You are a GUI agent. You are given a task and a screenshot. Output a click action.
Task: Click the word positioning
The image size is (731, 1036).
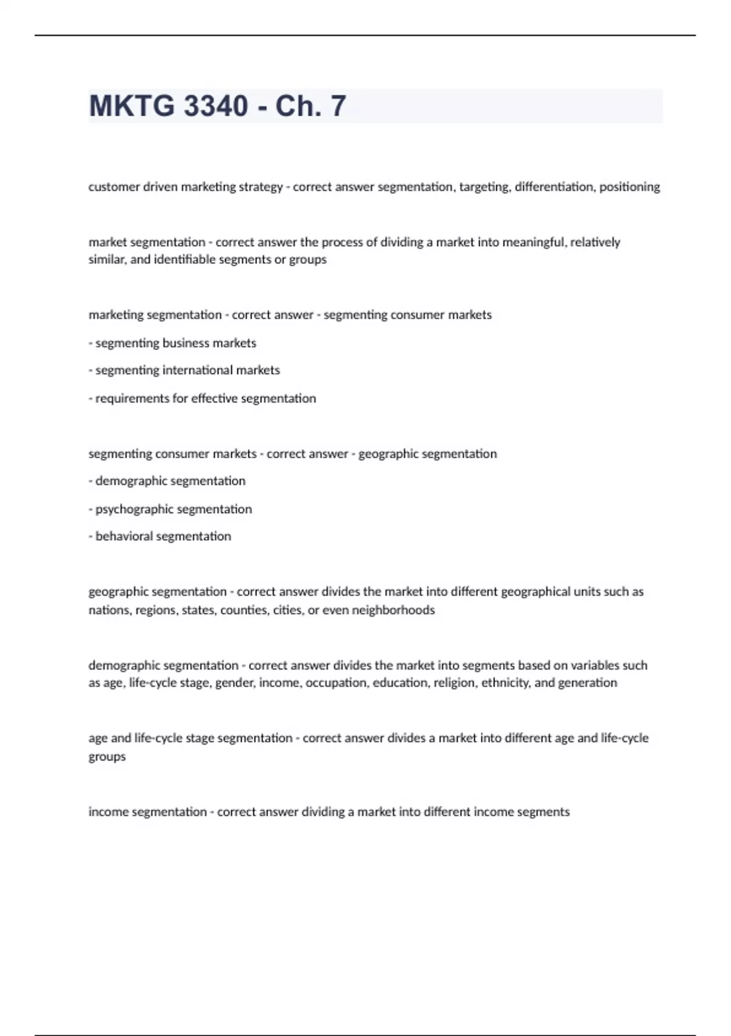(x=629, y=187)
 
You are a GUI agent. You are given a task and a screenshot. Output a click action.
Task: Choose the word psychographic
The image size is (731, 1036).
(x=135, y=509)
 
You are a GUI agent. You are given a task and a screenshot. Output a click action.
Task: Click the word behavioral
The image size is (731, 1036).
(x=124, y=536)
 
